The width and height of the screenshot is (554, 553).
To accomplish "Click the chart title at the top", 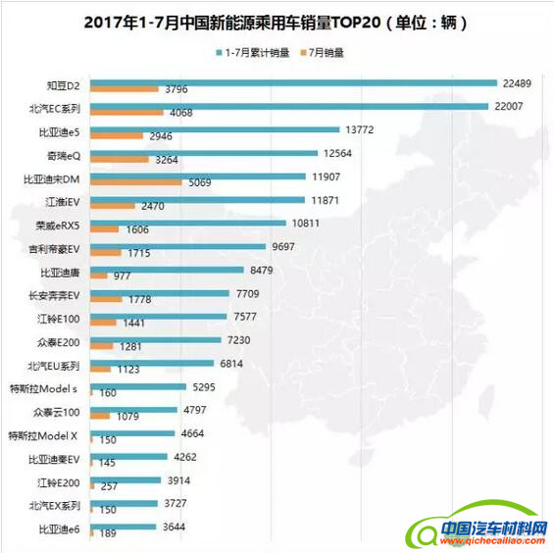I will click(x=277, y=21).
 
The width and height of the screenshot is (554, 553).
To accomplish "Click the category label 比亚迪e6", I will click(x=60, y=529).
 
